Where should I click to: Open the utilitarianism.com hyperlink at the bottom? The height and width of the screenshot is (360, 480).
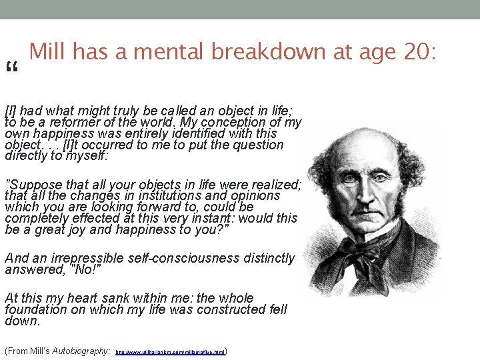[x=171, y=351]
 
